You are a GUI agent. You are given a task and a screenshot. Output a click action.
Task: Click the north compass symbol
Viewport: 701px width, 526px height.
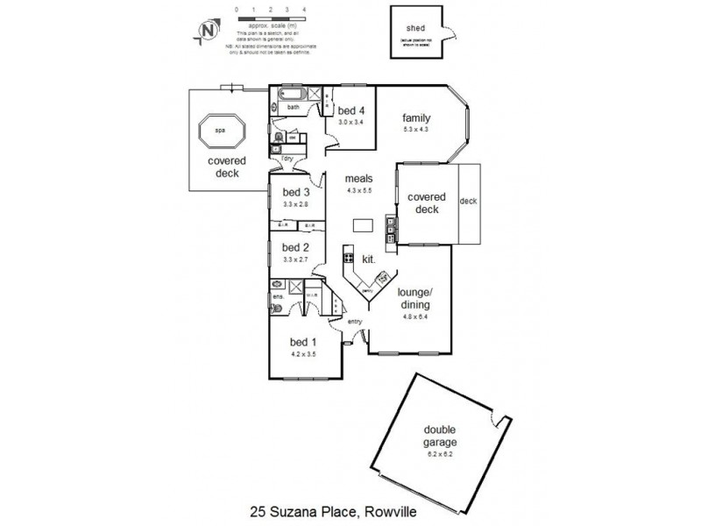tap(208, 30)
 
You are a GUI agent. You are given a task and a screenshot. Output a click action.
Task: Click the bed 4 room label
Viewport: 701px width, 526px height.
tap(351, 111)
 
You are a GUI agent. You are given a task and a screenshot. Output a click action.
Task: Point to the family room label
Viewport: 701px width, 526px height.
tap(415, 118)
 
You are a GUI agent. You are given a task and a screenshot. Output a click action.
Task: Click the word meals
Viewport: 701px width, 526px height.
tap(359, 180)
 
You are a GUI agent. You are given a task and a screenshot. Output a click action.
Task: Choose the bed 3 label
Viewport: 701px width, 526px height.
tap(296, 192)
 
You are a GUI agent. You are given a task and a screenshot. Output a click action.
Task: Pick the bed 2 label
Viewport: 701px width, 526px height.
tap(296, 248)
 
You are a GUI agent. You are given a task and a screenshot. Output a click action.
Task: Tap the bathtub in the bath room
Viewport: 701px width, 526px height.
tap(292, 96)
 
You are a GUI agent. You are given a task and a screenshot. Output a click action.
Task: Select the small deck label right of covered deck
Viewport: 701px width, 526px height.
tap(468, 203)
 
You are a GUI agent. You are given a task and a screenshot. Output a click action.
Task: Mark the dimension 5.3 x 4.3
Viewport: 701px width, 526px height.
tap(415, 130)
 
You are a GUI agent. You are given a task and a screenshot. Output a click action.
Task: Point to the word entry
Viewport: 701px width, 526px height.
tap(356, 323)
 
